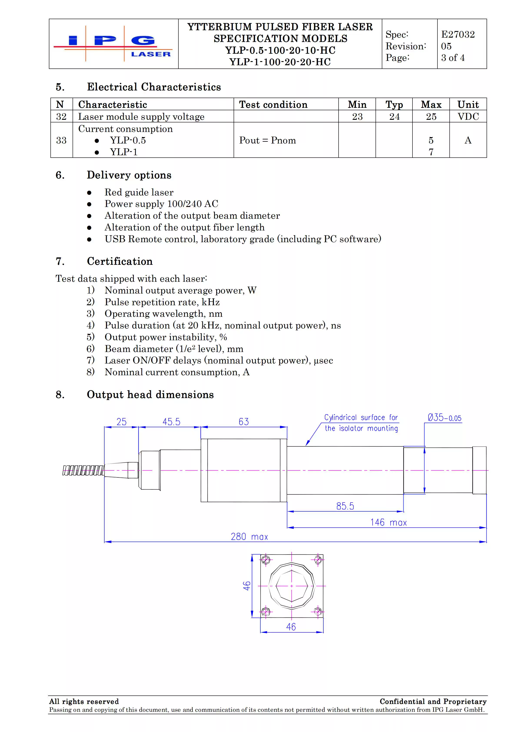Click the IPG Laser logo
point(113,44)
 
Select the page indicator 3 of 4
point(453,58)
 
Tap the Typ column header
point(394,105)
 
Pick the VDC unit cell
point(468,117)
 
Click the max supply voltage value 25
point(431,117)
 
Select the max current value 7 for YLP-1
point(431,152)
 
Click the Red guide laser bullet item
point(139,192)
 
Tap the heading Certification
point(120,261)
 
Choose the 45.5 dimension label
point(171,422)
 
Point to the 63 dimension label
point(244,422)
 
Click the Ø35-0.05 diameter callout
point(444,418)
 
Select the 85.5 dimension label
point(345,506)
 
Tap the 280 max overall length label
point(249,537)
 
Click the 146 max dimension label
point(389,522)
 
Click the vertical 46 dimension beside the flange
point(247,586)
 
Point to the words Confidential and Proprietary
point(433,701)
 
